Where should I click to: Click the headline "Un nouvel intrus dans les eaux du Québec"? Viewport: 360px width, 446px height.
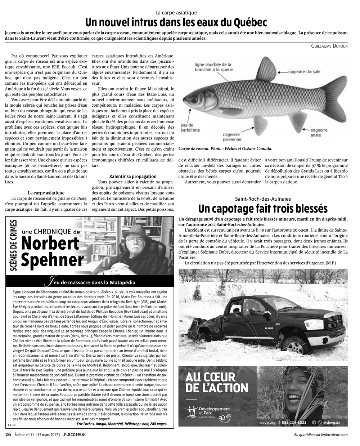[176, 23]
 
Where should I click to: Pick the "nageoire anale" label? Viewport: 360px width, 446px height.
[319, 133]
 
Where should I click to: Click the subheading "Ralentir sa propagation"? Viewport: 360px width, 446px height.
[133, 176]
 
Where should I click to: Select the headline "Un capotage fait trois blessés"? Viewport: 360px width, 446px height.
[263, 208]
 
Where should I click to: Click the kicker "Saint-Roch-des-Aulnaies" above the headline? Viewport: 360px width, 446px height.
[263, 199]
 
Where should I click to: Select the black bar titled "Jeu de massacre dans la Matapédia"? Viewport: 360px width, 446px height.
[90, 282]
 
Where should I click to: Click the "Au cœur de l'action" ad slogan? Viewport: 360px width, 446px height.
[217, 383]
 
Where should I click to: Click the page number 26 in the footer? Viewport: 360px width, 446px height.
[8, 434]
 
